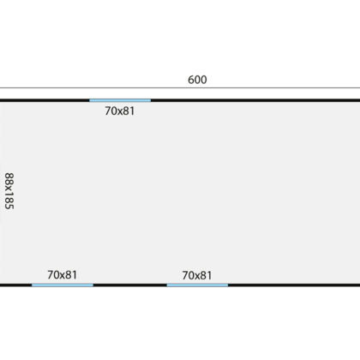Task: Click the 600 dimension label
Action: tap(197, 80)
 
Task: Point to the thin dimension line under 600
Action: tap(180, 87)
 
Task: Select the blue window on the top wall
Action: tap(120, 100)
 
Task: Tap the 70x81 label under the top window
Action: tap(120, 111)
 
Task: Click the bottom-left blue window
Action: tap(63, 285)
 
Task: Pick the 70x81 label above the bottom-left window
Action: tap(63, 275)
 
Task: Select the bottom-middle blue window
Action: tap(197, 285)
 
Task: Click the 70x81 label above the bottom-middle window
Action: tap(197, 275)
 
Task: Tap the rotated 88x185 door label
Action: tap(9, 191)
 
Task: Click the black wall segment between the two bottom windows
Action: tap(130, 285)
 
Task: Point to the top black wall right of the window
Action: tap(255, 100)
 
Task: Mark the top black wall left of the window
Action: tap(45, 100)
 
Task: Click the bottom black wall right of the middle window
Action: tap(294, 285)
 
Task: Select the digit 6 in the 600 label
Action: tap(191, 80)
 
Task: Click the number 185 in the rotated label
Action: tap(9, 201)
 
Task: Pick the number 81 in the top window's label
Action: tap(129, 111)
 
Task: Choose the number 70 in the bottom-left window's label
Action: tap(53, 275)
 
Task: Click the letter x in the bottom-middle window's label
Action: tap(197, 276)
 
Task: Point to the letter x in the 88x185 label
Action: tap(9, 189)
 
